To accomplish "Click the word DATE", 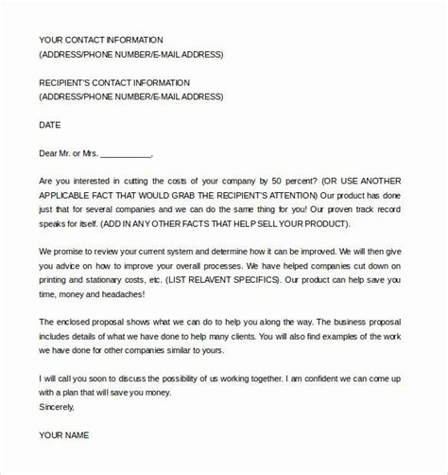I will (50, 124).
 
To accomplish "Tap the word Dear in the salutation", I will (51, 152).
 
